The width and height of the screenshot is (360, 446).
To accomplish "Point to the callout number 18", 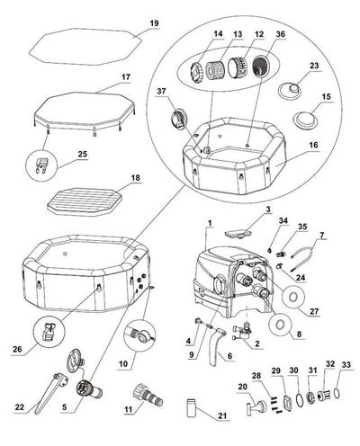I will pos(135,180).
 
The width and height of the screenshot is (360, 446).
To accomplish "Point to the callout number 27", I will pos(313,311).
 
